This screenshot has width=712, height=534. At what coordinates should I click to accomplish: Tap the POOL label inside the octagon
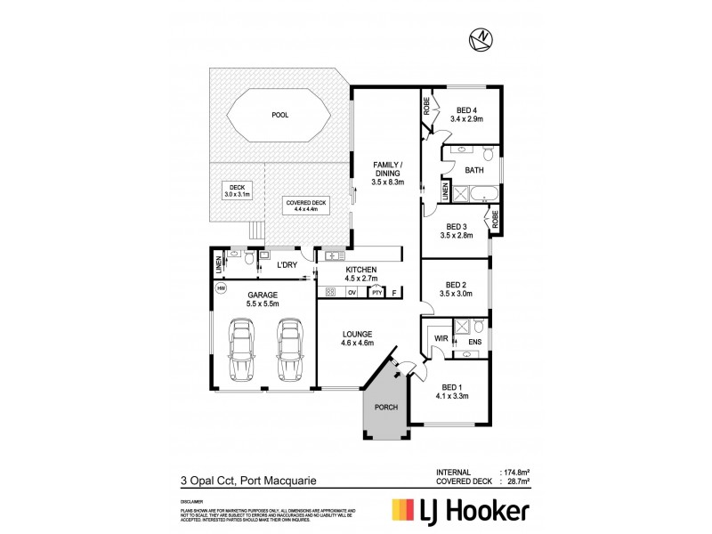click(x=279, y=115)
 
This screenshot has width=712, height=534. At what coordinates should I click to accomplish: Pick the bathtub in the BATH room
click(x=479, y=190)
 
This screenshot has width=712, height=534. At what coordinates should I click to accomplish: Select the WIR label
click(x=440, y=338)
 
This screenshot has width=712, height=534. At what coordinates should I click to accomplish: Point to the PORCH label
click(x=385, y=407)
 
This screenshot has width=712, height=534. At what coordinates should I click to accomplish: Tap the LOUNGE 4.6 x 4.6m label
click(x=357, y=337)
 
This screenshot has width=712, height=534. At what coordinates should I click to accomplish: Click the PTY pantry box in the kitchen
click(x=376, y=291)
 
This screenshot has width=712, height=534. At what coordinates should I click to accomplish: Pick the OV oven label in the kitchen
click(x=352, y=291)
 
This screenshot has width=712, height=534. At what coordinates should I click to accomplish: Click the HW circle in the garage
click(x=220, y=288)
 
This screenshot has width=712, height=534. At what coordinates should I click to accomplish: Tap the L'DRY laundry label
click(x=286, y=265)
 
